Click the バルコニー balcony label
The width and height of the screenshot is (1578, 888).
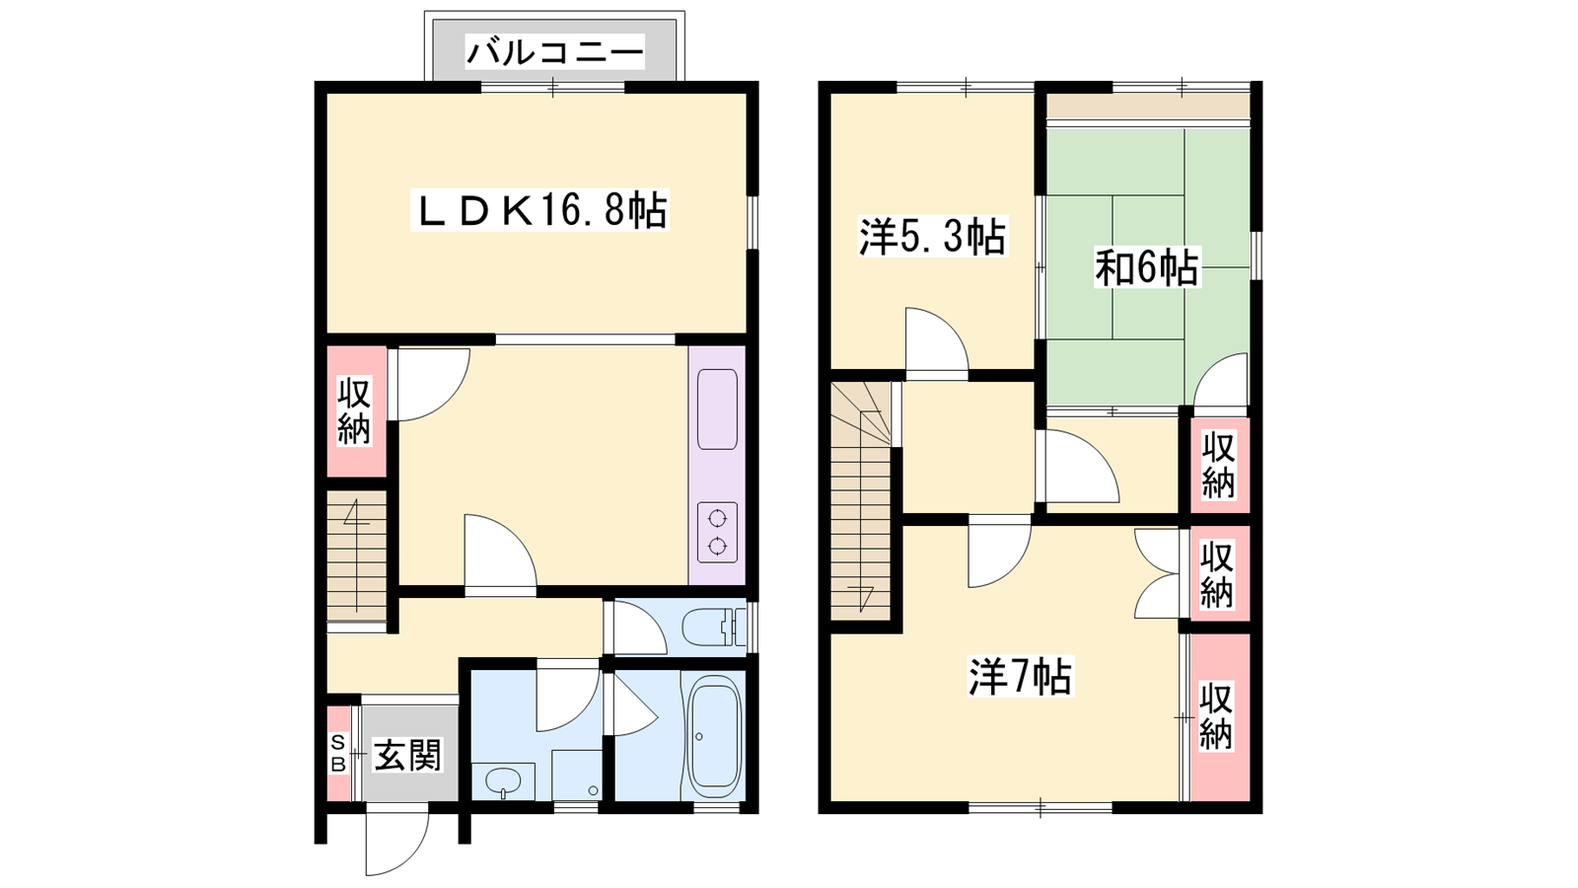555,52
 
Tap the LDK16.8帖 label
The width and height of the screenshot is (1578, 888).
540,210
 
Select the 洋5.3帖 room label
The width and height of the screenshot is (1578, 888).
932,237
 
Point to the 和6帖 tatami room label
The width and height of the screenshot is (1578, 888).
1146,267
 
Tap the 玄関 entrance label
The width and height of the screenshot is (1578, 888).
407,755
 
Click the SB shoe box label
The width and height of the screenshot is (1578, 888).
338,753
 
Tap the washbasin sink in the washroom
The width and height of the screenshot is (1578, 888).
503,781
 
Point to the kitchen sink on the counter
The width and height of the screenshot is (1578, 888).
717,408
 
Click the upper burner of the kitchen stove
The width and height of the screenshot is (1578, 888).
717,519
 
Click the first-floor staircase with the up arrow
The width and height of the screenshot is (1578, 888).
356,556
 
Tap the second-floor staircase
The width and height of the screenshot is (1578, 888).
861,501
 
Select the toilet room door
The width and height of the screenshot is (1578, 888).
640,628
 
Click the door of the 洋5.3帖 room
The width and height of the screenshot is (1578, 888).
937,339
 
